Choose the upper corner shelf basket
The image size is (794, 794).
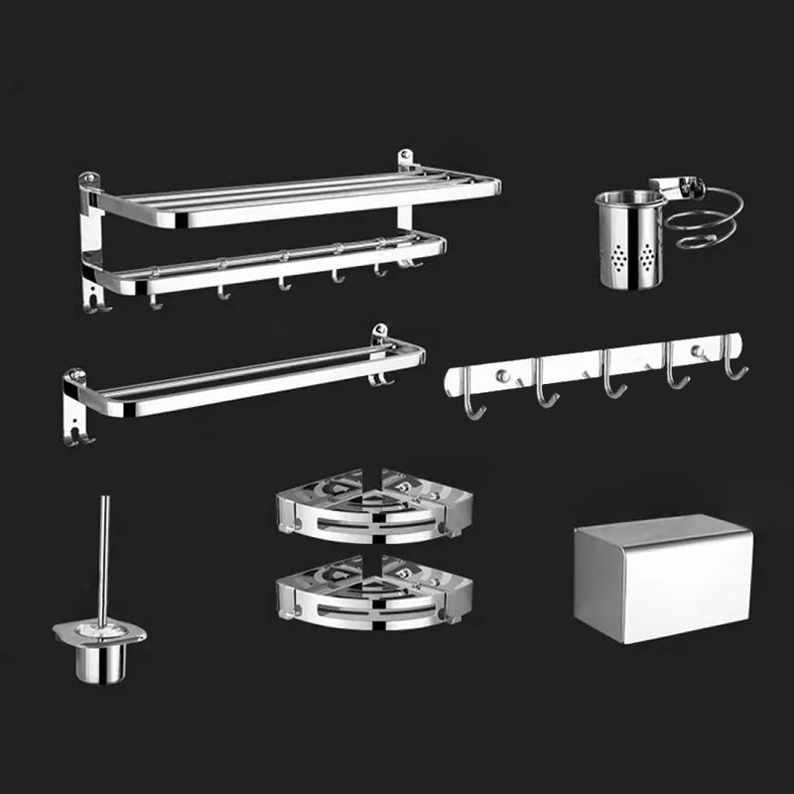coord(373,505)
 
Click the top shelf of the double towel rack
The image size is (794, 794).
coord(298,198)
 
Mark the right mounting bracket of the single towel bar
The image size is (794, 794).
coord(379,353)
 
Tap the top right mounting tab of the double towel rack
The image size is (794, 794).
coord(406,160)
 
